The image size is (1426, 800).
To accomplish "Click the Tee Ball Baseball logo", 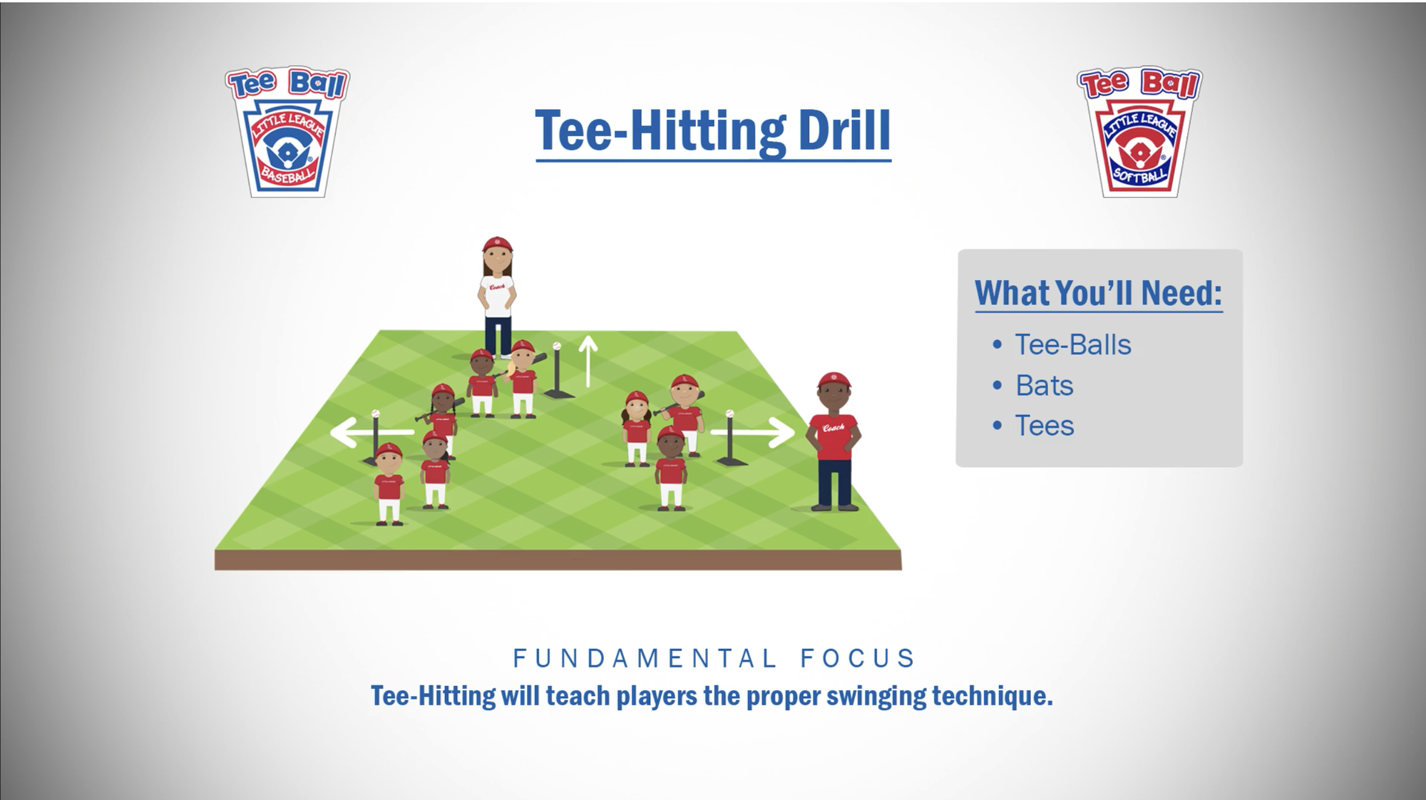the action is (x=287, y=132).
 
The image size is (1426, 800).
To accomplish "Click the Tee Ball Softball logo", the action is (x=1139, y=132).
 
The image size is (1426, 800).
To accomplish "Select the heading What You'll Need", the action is (x=1098, y=293).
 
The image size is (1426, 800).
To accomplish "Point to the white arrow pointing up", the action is (x=588, y=361).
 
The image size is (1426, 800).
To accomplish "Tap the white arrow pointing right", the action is (x=753, y=432).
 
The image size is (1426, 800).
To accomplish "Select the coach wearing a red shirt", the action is (x=833, y=441).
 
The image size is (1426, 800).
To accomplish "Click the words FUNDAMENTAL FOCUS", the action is (x=714, y=658).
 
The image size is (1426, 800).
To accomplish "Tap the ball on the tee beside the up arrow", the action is (x=557, y=346).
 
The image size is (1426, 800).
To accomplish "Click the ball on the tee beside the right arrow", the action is (x=729, y=414).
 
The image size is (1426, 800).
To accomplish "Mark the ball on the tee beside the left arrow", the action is (x=375, y=414).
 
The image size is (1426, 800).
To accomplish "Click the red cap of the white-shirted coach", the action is (x=497, y=244).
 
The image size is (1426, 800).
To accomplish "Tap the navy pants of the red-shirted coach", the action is (x=833, y=483).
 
